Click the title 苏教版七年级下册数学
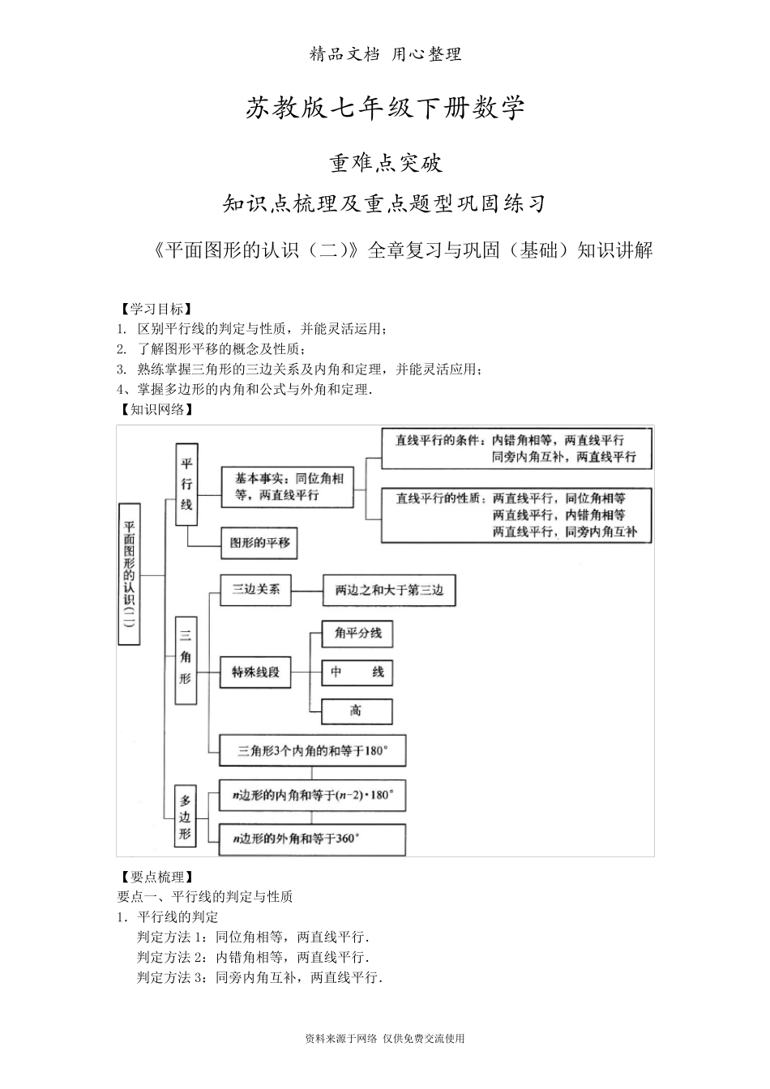[x=385, y=109]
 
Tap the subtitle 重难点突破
[x=385, y=163]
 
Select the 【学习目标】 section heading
[x=155, y=309]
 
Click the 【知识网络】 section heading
[x=155, y=409]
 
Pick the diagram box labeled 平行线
[x=187, y=485]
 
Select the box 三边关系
[x=256, y=590]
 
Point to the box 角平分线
[x=357, y=634]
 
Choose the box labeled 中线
[x=357, y=672]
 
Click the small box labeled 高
[x=357, y=711]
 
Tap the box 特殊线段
[x=256, y=672]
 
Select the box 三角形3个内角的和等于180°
[x=313, y=751]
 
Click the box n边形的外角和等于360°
[x=313, y=839]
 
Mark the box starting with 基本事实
[x=288, y=486]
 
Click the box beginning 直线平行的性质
[x=516, y=515]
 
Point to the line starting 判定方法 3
[x=259, y=977]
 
